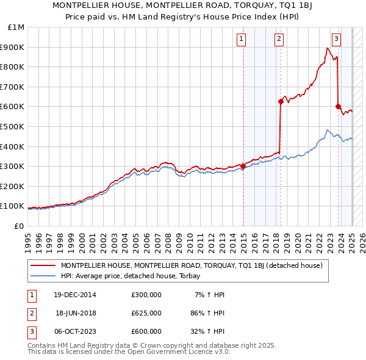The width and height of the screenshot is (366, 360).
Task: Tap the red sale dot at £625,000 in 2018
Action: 281,101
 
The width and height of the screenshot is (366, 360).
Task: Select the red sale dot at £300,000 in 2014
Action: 243,166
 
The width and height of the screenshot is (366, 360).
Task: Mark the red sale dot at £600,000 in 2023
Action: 338,106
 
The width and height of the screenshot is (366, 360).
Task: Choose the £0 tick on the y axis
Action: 18,226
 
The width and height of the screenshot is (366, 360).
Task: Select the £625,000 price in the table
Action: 146,313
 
